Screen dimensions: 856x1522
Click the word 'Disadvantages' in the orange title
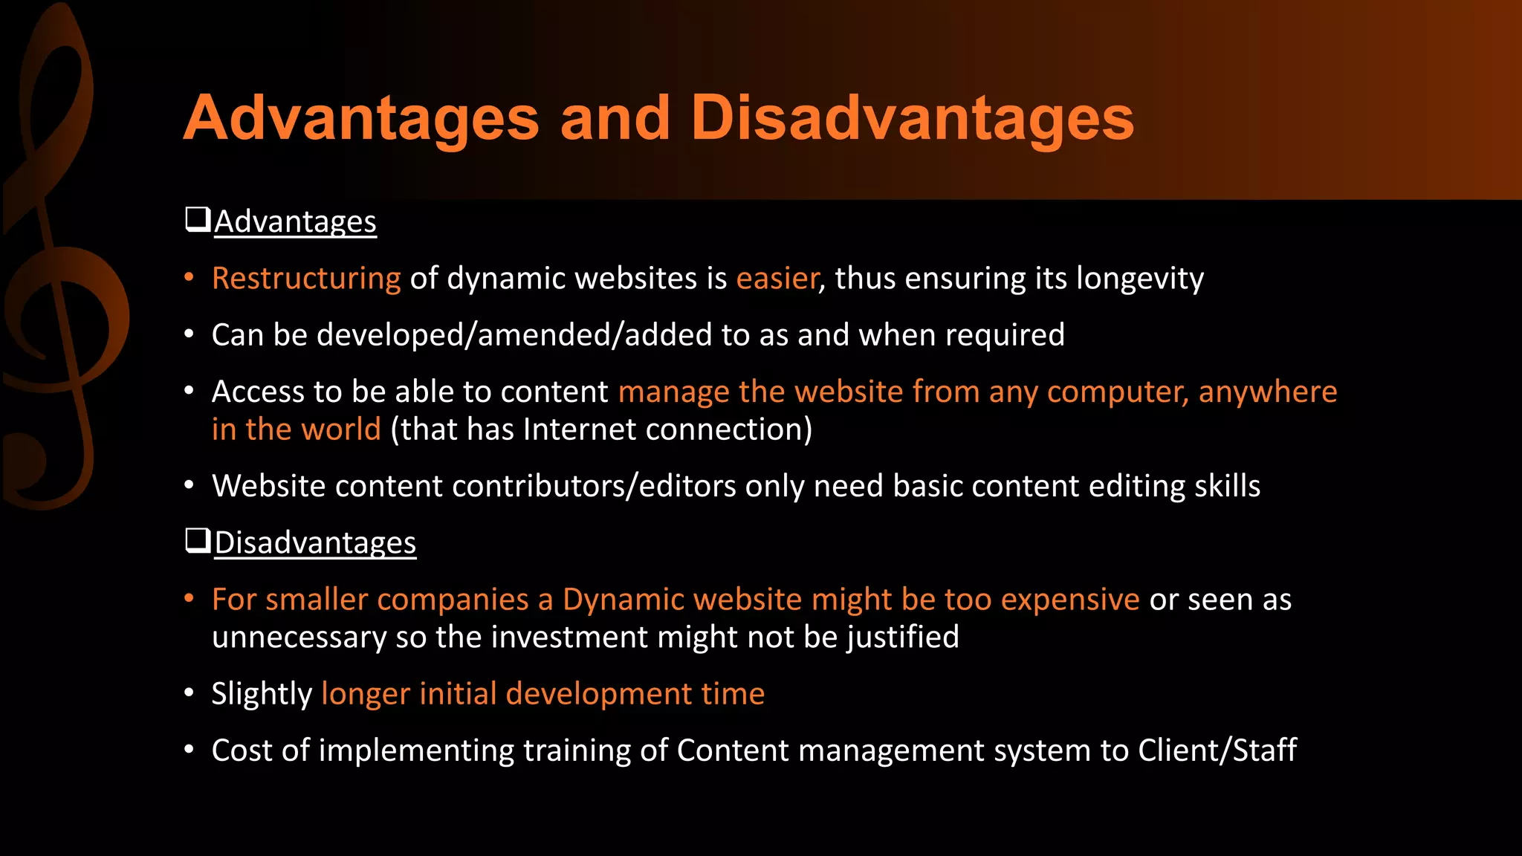[x=912, y=119]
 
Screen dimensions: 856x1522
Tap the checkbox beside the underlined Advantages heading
[x=198, y=220]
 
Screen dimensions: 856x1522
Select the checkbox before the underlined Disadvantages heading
[x=198, y=541]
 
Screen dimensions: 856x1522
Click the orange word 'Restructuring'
[x=306, y=279]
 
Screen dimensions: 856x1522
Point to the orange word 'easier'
[x=777, y=279]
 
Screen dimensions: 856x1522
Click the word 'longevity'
[x=1140, y=279]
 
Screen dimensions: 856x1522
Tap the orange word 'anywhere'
[x=1267, y=392]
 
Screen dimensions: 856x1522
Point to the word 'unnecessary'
[x=299, y=638]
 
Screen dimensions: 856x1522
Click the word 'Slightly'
[x=262, y=694]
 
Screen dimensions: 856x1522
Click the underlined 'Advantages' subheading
[x=296, y=222]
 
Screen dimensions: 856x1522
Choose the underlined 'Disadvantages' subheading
[x=315, y=543]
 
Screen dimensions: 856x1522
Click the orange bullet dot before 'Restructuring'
[x=190, y=278]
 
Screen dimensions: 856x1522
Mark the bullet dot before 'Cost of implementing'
[x=190, y=750]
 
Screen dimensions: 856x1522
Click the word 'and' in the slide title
[x=615, y=119]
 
